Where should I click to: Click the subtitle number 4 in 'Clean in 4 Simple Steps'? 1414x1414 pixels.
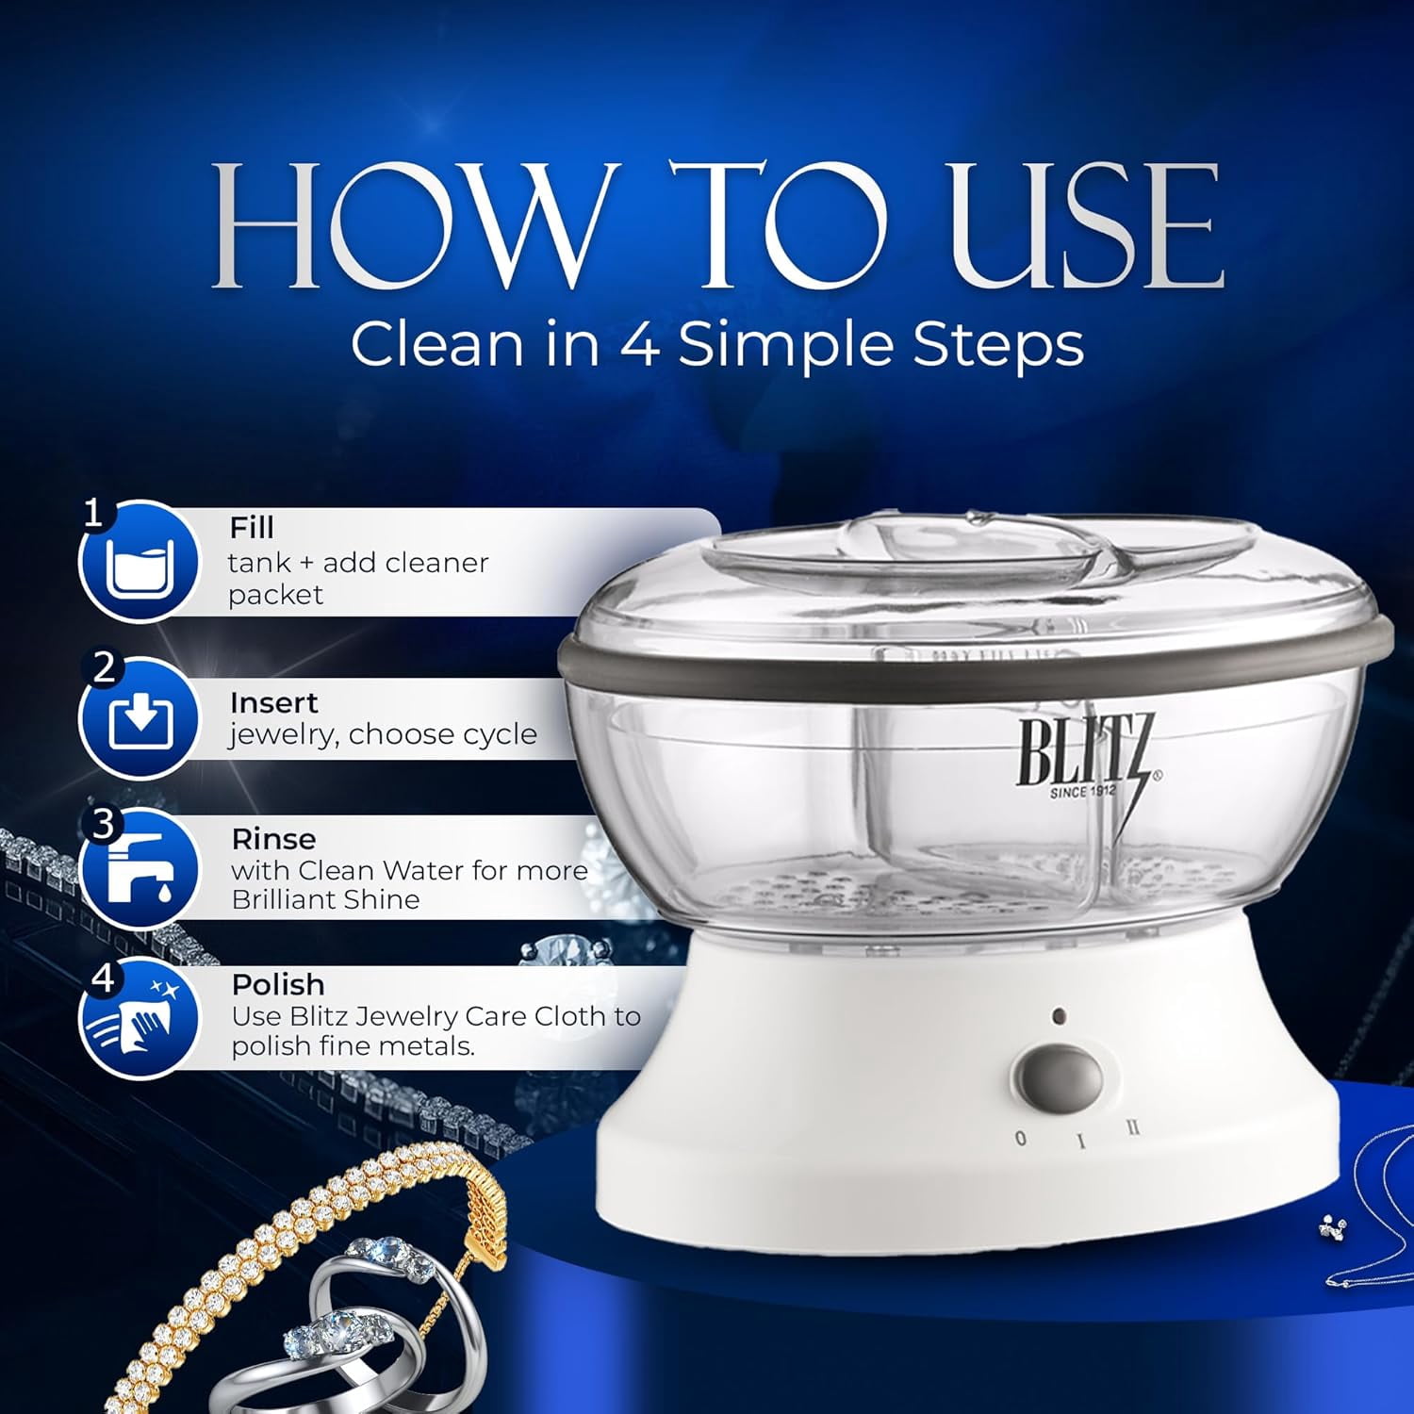[x=638, y=345]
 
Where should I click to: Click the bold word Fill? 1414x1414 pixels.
[x=252, y=527]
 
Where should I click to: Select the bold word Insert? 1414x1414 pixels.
[x=273, y=702]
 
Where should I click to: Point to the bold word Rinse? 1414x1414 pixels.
[x=274, y=838]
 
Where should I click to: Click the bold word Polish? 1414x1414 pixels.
[x=278, y=984]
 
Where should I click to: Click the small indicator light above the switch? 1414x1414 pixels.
[x=1059, y=1017]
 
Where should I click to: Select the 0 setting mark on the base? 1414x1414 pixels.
[x=1020, y=1138]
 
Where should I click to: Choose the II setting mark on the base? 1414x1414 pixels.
[x=1133, y=1125]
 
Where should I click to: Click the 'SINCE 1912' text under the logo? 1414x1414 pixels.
[x=1083, y=791]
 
